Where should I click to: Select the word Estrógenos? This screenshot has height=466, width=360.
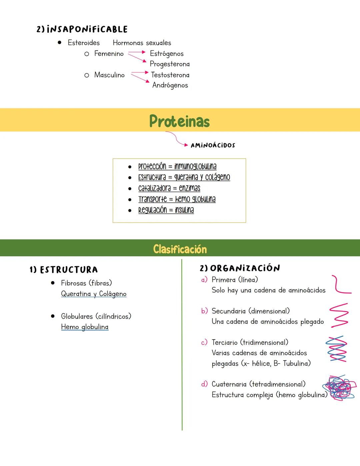[167, 54]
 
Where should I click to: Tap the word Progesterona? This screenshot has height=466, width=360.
[170, 64]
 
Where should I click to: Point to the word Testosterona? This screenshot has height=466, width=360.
[170, 75]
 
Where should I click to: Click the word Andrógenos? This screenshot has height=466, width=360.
[170, 85]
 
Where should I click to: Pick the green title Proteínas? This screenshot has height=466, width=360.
[179, 121]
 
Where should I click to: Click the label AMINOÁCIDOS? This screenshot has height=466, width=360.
[213, 145]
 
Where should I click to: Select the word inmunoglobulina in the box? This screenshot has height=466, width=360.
[195, 166]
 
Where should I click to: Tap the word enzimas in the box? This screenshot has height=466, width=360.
[189, 188]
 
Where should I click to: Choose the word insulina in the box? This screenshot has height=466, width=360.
[184, 210]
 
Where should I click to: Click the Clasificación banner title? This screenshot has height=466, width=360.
[180, 249]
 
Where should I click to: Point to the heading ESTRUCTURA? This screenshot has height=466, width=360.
[69, 270]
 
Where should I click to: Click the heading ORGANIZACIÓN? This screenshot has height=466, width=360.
[245, 268]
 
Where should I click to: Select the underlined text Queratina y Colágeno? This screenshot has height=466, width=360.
[94, 294]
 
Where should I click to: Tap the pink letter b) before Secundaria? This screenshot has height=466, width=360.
[204, 311]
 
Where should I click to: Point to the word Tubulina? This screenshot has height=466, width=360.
[297, 363]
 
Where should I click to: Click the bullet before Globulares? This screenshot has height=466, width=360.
[53, 316]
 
